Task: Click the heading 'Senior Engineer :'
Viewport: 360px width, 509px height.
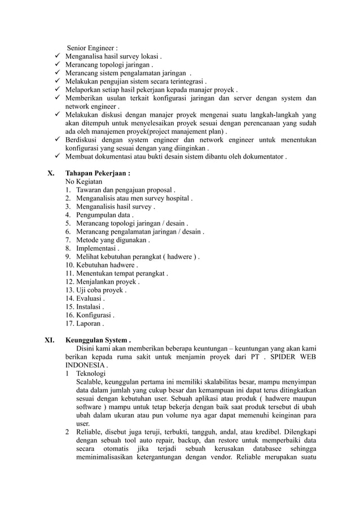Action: pos(93,48)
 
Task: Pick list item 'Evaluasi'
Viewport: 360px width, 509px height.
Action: pos(90,298)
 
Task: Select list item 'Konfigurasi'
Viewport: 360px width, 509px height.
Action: pos(95,315)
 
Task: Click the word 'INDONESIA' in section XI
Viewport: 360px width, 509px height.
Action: pos(85,365)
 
